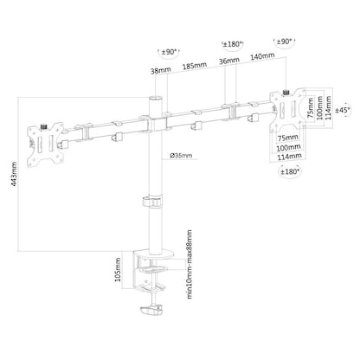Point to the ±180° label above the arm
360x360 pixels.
[233, 42]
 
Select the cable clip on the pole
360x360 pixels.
[148, 205]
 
